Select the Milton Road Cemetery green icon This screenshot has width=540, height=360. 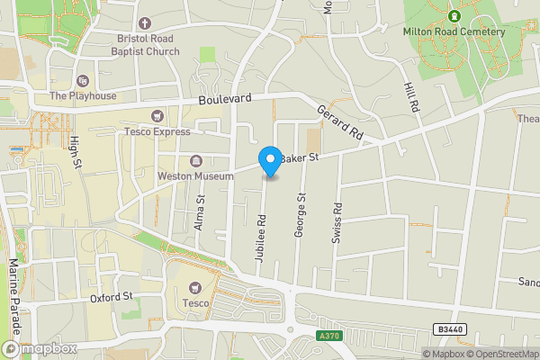454,15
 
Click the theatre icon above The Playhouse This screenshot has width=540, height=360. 84,80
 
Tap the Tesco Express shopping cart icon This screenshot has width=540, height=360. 158,115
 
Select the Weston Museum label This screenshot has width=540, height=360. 195,175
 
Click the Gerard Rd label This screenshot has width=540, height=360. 339,122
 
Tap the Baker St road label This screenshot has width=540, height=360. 300,158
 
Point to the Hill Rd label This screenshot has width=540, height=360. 413,94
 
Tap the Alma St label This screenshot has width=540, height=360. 200,214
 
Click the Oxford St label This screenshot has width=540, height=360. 112,296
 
